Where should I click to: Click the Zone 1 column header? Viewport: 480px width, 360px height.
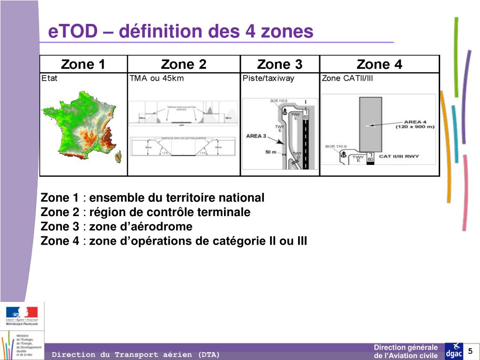click(x=83, y=64)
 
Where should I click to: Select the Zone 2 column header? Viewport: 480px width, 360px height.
click(x=183, y=64)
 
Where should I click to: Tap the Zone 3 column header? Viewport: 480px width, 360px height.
click(x=280, y=64)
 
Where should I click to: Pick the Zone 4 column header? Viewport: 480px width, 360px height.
click(x=379, y=64)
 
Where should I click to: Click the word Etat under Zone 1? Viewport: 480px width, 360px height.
click(x=49, y=78)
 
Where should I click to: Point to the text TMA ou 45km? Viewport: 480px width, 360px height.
click(x=157, y=78)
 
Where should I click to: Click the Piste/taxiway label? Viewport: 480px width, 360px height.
click(x=269, y=78)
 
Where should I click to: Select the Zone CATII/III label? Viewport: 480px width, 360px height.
click(x=347, y=78)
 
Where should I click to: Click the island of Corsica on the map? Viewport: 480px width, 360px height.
click(x=118, y=157)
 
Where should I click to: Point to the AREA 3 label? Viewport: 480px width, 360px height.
click(x=256, y=136)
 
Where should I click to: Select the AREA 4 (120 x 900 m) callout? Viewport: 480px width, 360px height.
click(x=415, y=123)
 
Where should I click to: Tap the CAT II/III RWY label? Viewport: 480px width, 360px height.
click(x=398, y=156)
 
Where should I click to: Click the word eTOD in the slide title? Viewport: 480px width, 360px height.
click(x=72, y=31)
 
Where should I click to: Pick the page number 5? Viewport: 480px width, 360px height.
click(x=471, y=352)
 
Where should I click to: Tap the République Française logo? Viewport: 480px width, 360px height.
click(x=22, y=316)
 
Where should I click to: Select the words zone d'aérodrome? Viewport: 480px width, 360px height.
click(x=141, y=227)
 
